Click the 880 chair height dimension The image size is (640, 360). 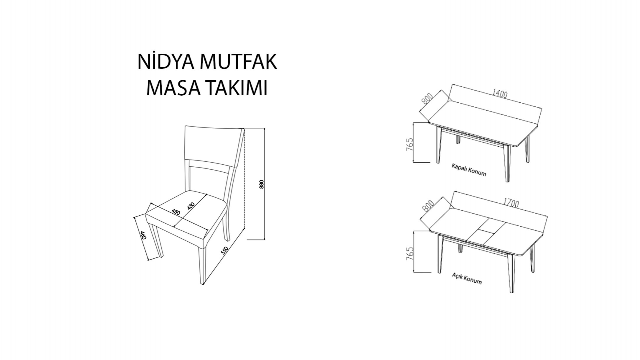(x=262, y=184)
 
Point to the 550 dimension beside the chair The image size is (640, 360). (x=226, y=251)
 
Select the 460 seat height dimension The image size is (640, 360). (x=143, y=235)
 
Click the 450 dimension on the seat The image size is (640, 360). (x=176, y=212)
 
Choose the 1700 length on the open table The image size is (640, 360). (x=511, y=203)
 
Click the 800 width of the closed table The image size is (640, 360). (x=427, y=99)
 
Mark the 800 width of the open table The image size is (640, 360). (x=428, y=206)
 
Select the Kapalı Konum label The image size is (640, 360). (x=469, y=170)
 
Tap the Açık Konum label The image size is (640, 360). (x=467, y=278)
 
